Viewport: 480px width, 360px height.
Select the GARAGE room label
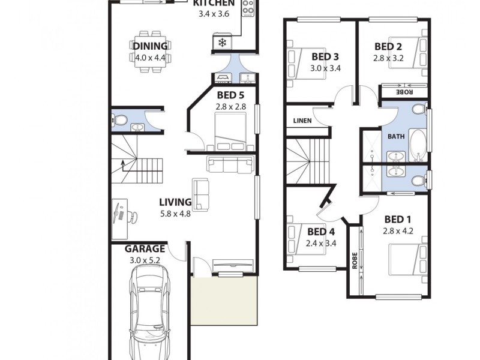[x=145, y=248]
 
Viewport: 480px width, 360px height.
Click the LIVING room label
[x=175, y=202]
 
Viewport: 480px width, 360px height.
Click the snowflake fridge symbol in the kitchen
[x=222, y=43]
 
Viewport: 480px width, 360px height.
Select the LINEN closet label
[x=301, y=121]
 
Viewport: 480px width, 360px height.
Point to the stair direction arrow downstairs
[x=122, y=165]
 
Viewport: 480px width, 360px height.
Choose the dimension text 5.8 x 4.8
[x=175, y=214]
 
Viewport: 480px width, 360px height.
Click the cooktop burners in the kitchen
[x=248, y=8]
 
